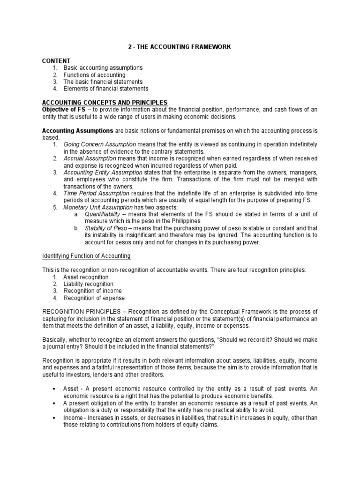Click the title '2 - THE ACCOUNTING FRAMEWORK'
(x=180, y=47)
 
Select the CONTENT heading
(x=56, y=61)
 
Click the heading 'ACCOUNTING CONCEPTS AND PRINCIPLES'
(x=105, y=103)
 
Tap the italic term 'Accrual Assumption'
(x=90, y=158)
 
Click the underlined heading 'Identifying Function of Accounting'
(x=87, y=256)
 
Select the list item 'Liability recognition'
(x=88, y=284)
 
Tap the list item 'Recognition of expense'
(x=94, y=298)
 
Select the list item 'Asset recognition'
(x=86, y=277)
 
